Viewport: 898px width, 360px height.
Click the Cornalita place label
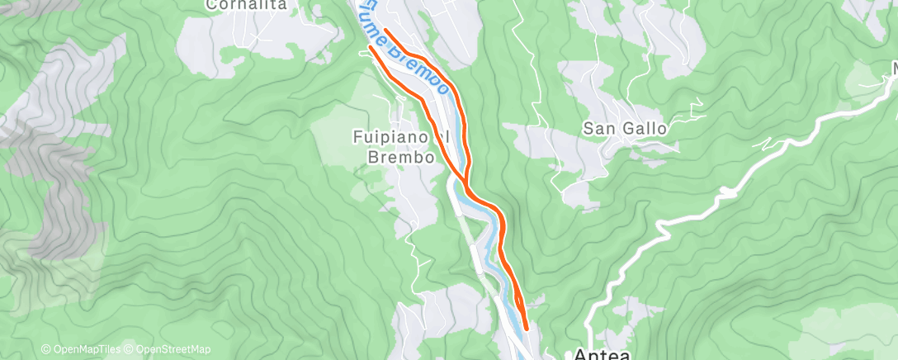coord(246,5)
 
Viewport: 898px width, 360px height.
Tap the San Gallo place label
coord(625,129)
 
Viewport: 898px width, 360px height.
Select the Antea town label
coord(603,354)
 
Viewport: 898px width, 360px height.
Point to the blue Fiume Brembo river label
coord(404,45)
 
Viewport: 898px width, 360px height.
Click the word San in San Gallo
coord(598,129)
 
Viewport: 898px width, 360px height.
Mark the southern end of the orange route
coord(526,329)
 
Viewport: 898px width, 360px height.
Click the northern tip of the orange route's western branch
coord(370,47)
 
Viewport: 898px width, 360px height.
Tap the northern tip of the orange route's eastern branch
coord(385,31)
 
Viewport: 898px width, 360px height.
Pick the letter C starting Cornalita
coord(211,5)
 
